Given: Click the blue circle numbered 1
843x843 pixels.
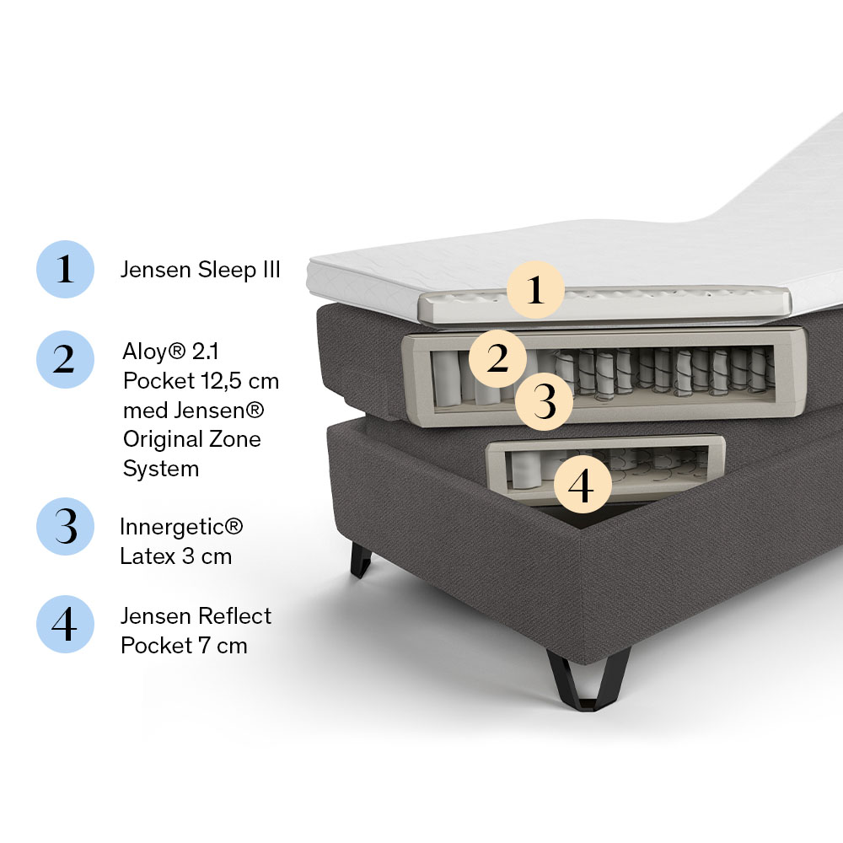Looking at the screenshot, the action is coord(65,269).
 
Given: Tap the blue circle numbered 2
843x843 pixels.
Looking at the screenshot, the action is coord(65,359).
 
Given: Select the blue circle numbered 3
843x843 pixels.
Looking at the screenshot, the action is coord(65,526).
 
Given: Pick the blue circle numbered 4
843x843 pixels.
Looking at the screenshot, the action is coord(65,624).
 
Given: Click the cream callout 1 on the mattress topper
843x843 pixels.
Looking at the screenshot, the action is coord(535,290).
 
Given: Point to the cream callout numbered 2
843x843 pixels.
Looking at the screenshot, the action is coord(498,358).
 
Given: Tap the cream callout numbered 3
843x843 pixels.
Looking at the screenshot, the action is coord(544,401).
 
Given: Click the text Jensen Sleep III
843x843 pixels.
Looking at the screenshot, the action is coord(201,270).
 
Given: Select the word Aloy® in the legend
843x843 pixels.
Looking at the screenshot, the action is coord(153,352).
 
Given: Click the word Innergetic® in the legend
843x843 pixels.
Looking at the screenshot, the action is coord(181,527).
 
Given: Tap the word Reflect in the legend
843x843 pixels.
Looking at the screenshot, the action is coord(237,616).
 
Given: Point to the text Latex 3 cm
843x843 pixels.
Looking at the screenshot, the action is coord(176,556).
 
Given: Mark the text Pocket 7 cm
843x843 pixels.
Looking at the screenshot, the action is coord(184,646).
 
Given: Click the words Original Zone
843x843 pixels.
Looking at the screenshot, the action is coord(192,439).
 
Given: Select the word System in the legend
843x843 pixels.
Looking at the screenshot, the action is coord(161,469).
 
